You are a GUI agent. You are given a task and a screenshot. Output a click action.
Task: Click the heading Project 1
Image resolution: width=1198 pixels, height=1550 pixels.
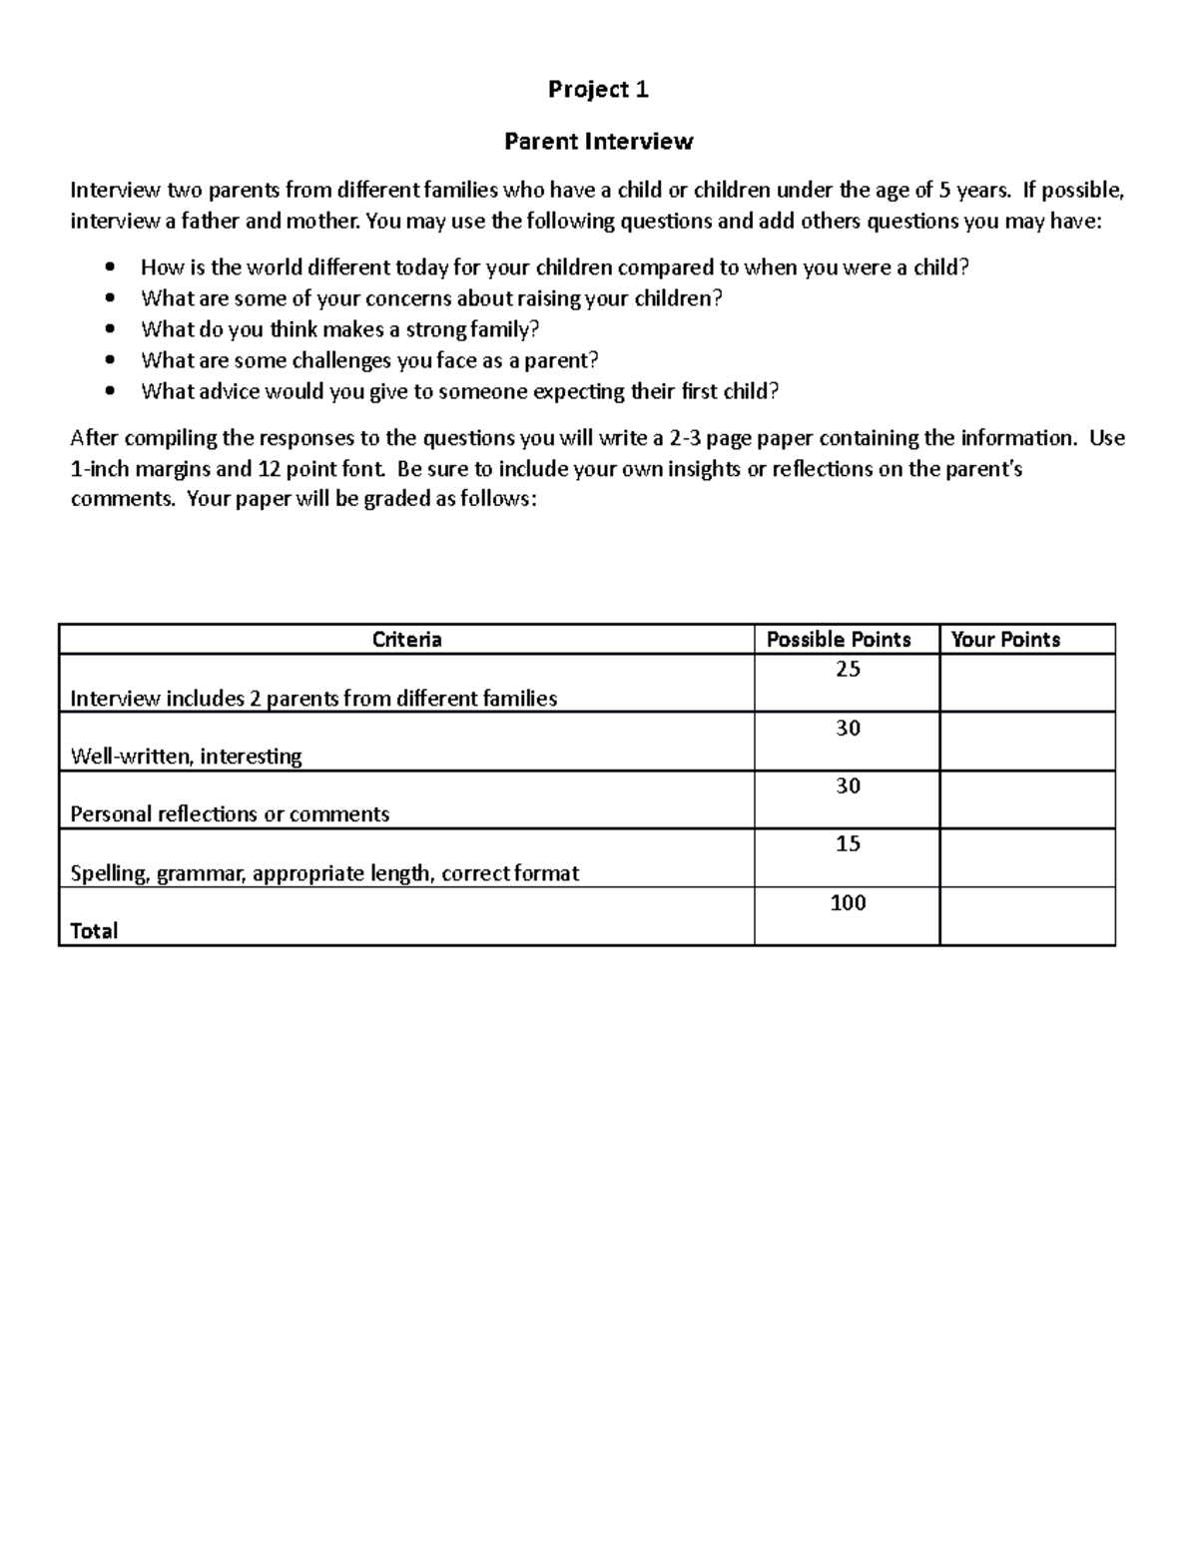point(598,90)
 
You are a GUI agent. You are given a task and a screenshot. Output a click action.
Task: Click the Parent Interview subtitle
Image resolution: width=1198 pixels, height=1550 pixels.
point(598,142)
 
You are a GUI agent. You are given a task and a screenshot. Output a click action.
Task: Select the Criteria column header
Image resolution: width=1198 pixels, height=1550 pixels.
point(406,640)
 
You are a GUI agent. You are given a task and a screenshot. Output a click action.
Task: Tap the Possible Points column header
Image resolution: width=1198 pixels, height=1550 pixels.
point(838,640)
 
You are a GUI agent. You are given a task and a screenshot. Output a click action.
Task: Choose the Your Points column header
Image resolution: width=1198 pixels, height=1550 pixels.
point(1005,640)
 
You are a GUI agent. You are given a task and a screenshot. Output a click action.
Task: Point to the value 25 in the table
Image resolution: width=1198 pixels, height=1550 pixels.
point(848,670)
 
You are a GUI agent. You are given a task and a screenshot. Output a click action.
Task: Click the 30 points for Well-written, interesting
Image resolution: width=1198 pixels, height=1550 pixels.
point(848,729)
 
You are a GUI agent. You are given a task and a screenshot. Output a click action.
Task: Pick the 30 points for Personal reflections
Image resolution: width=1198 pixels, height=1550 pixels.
point(848,786)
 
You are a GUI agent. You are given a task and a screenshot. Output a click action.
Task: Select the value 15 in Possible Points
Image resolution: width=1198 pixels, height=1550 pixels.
point(848,844)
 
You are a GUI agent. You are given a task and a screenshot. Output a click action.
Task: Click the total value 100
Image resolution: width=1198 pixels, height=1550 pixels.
point(848,903)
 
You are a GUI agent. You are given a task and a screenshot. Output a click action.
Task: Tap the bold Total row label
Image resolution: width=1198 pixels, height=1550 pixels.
point(94,931)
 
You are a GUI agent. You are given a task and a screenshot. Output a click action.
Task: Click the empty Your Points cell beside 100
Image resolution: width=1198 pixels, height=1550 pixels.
point(1026,916)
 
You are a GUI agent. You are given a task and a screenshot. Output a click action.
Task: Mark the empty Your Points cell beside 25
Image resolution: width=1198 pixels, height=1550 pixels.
point(1026,683)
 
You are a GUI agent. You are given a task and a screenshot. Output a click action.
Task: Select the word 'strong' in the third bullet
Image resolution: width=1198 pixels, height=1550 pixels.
point(436,329)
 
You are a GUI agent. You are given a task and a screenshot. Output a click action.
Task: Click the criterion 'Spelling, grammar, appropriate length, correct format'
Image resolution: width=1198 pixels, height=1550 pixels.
point(324,873)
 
